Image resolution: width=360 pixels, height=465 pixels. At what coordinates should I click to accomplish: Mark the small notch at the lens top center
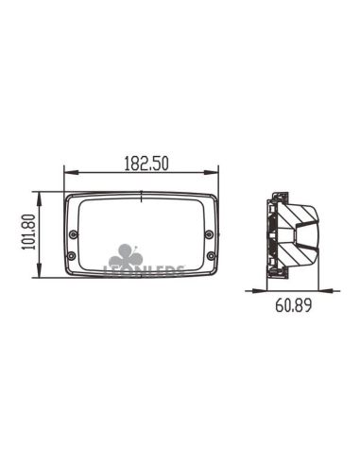pos(141,197)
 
